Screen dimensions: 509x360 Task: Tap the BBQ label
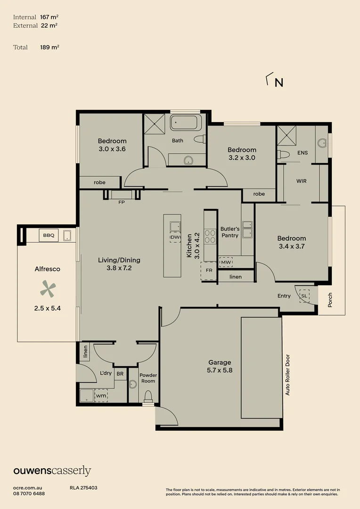[x=48, y=235]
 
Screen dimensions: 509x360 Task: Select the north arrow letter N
[x=279, y=83]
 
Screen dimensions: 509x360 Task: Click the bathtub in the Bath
[x=185, y=123]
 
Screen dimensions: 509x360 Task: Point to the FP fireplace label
[x=121, y=202]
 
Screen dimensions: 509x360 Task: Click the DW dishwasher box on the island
[x=175, y=237]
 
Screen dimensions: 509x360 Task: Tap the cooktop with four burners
[x=210, y=235]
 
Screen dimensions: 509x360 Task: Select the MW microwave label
[x=226, y=262]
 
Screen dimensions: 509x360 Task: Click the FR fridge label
[x=209, y=271]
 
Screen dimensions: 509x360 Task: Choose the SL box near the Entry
[x=304, y=295]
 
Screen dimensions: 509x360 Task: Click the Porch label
[x=330, y=300]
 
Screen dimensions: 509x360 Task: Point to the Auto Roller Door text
[x=287, y=375]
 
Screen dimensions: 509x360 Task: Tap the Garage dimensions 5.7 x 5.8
[x=220, y=370]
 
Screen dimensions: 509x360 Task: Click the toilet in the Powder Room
[x=148, y=396]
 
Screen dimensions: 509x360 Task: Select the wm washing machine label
[x=101, y=396]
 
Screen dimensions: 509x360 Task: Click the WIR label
[x=302, y=181]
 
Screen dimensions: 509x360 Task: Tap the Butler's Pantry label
[x=230, y=232]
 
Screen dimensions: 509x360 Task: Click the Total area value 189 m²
[x=49, y=47]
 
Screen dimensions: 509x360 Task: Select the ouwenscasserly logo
[x=52, y=470]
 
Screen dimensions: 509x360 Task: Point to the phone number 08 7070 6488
[x=29, y=493]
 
